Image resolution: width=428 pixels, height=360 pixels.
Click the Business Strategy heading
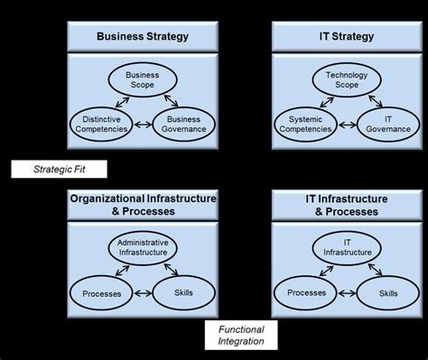pyautogui.click(x=143, y=37)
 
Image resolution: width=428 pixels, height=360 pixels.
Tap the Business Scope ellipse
pyautogui.click(x=142, y=78)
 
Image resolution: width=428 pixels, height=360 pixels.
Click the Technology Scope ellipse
pyautogui.click(x=348, y=78)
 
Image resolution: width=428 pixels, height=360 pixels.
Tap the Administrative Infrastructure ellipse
pyautogui.click(x=143, y=246)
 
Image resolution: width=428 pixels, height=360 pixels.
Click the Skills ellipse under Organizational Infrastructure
pyautogui.click(x=184, y=293)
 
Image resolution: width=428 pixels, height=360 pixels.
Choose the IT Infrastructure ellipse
pyautogui.click(x=348, y=246)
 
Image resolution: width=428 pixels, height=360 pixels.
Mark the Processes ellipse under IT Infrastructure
pyautogui.click(x=306, y=293)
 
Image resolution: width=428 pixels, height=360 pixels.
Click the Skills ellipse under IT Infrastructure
pyautogui.click(x=389, y=293)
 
